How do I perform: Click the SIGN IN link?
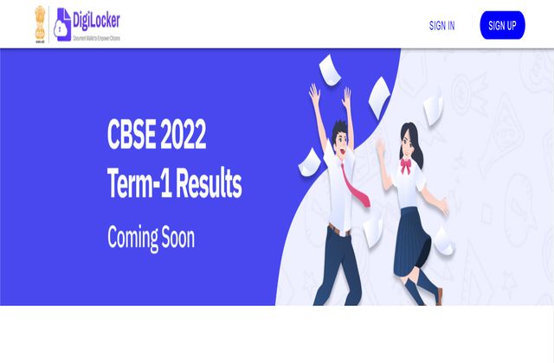tap(441, 26)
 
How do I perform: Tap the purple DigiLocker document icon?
tap(62, 24)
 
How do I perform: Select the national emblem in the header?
tap(39, 24)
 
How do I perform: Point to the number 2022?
tap(184, 137)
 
